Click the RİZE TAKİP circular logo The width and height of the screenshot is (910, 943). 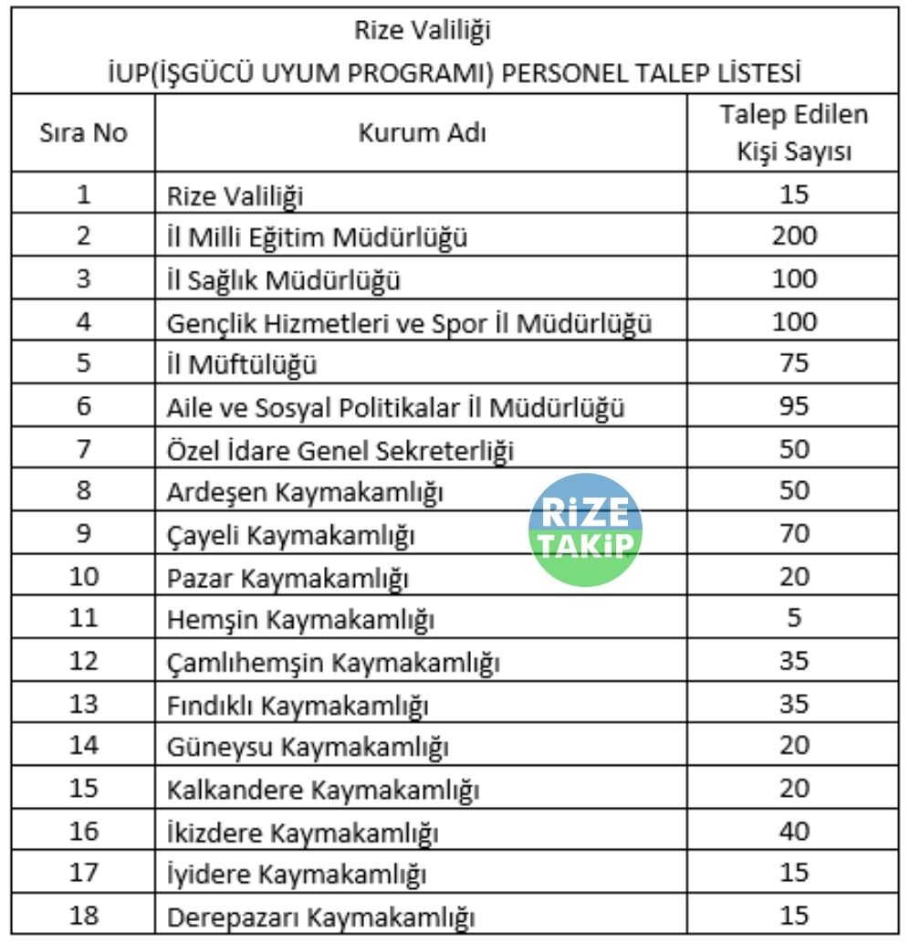tap(586, 529)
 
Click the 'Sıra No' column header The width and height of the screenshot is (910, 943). tap(83, 134)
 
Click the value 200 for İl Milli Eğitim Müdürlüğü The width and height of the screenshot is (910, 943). tap(794, 236)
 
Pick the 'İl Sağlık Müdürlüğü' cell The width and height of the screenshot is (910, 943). tap(284, 279)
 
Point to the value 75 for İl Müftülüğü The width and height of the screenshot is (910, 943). tap(794, 363)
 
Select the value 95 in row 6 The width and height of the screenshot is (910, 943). tap(794, 406)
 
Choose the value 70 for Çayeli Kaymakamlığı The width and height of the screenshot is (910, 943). tap(794, 533)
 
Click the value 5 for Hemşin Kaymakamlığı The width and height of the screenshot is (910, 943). tap(794, 618)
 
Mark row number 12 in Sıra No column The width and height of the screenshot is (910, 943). tap(83, 661)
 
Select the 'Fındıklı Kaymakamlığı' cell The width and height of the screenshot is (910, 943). tap(298, 704)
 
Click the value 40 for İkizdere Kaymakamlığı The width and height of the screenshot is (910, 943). tap(794, 831)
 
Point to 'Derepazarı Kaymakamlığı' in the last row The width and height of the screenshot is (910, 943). tap(320, 917)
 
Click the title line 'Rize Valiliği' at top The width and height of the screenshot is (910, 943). tap(422, 31)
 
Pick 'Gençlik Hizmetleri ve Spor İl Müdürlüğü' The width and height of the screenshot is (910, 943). tap(409, 322)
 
